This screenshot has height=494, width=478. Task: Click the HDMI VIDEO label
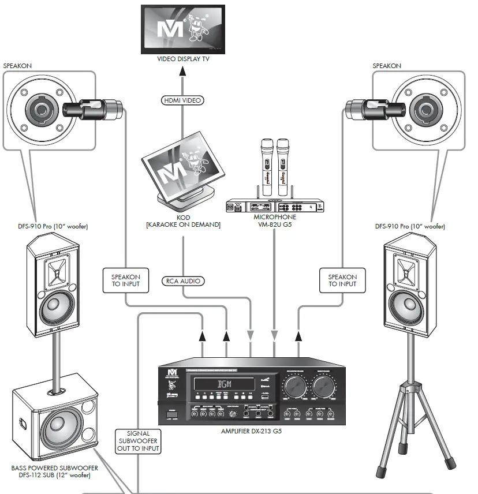click(x=182, y=100)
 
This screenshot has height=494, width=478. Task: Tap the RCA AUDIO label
click(x=183, y=281)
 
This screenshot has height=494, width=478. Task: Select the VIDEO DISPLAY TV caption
click(x=184, y=59)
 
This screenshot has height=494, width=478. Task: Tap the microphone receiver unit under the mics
click(x=274, y=206)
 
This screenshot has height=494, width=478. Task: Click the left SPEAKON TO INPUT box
click(x=126, y=280)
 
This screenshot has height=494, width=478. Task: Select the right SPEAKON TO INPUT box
click(x=342, y=280)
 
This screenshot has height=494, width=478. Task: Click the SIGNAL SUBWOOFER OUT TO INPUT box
click(x=137, y=441)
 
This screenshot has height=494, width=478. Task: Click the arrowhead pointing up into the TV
click(x=183, y=71)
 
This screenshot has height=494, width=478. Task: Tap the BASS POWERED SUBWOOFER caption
click(x=55, y=471)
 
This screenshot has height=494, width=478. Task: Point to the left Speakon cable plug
click(x=92, y=107)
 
